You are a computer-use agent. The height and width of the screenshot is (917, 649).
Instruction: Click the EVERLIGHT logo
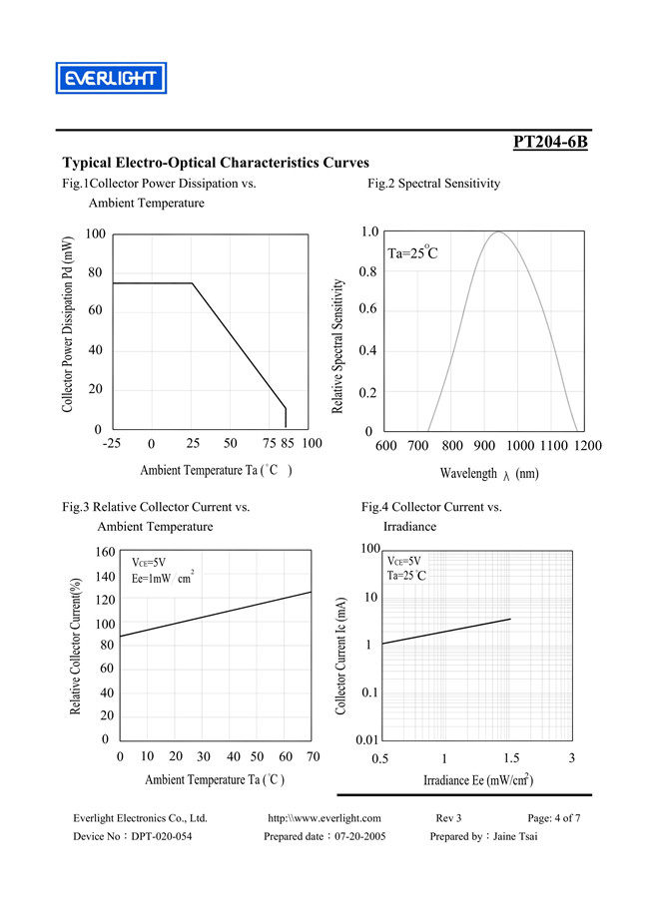coord(110,78)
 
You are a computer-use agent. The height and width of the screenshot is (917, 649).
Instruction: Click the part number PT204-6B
coord(550,142)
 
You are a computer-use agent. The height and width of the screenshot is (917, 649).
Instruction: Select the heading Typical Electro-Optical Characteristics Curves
coord(216,163)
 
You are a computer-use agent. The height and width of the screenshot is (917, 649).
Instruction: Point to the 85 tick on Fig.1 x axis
coord(286,443)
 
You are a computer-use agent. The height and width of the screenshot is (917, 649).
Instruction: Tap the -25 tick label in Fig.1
coord(112,443)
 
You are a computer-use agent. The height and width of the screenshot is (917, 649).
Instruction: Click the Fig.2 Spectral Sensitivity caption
coord(433,184)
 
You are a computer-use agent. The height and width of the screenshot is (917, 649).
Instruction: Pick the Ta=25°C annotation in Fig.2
coord(412,252)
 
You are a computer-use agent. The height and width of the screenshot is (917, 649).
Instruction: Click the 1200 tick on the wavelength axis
coord(588,446)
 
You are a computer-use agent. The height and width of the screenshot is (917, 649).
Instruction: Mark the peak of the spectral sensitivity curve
coord(498,232)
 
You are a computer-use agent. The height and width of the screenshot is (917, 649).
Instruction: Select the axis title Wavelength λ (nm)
coord(489,474)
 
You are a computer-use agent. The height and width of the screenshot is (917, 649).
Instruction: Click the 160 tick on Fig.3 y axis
coord(105,553)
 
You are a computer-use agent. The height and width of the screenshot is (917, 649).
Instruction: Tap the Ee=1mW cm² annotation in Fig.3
coord(163,579)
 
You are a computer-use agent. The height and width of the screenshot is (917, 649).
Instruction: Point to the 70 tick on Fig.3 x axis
coord(312,757)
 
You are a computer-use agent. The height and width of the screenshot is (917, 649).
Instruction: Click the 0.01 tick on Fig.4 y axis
coord(364,739)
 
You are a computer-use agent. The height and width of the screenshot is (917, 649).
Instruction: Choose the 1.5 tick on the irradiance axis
coord(509,758)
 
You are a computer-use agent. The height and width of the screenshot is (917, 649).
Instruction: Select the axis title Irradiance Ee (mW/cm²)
coord(476,780)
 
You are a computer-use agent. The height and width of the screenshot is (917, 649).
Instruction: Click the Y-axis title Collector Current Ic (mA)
coord(341,656)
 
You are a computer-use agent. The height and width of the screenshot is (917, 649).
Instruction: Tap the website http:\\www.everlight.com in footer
coord(324,818)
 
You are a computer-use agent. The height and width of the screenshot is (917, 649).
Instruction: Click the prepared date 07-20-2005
coord(350,836)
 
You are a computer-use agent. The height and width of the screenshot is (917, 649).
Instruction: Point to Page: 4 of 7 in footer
coord(554,818)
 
